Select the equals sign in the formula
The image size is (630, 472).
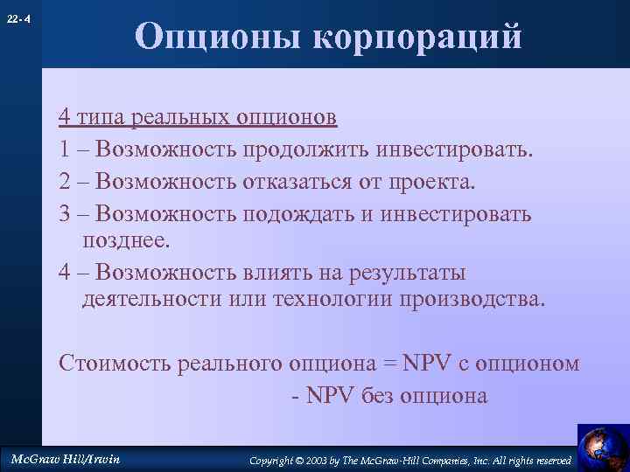[388, 364]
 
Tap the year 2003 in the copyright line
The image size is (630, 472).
[322, 460]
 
